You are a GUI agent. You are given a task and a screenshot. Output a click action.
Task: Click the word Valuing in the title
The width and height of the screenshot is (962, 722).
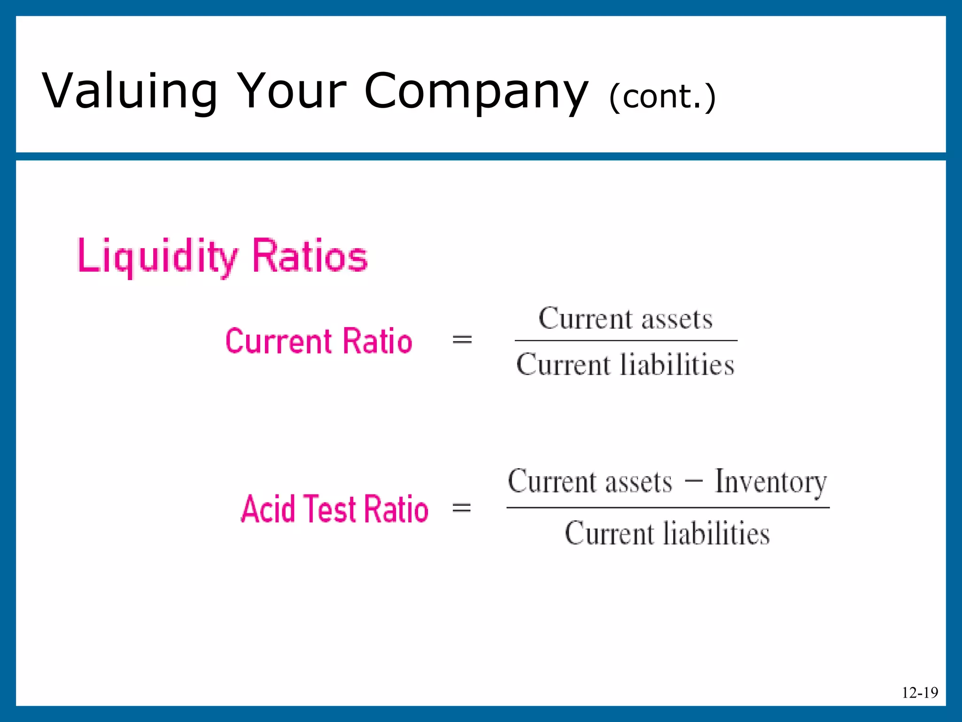tap(130, 92)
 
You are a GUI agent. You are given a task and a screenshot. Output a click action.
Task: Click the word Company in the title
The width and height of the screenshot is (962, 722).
tap(475, 92)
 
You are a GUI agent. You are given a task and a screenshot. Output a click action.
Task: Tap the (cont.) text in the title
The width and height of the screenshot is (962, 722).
tap(662, 97)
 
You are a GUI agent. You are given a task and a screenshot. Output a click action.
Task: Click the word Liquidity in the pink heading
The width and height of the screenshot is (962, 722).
tap(158, 256)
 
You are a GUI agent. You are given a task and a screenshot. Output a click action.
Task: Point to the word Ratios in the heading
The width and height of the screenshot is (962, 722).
tap(310, 256)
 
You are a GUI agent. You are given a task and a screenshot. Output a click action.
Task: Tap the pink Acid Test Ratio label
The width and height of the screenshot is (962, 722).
tap(334, 509)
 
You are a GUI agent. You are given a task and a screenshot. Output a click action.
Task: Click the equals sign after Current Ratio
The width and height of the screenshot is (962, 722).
tap(462, 339)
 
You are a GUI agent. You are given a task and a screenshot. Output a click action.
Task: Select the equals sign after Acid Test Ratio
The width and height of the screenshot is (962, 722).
tap(461, 508)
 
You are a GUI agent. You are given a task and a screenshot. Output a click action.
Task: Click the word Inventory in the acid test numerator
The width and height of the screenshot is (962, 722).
tap(770, 482)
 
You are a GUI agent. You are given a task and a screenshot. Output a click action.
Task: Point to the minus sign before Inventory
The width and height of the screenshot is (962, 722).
tap(694, 480)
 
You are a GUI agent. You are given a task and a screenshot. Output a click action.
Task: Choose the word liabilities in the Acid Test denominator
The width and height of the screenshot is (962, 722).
tap(716, 534)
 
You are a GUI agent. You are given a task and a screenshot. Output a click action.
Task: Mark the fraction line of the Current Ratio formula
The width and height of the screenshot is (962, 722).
tap(626, 340)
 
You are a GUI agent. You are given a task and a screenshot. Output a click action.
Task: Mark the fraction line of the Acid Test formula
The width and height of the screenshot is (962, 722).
tap(667, 508)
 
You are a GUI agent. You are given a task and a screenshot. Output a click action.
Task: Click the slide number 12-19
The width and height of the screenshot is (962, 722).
tap(920, 692)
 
